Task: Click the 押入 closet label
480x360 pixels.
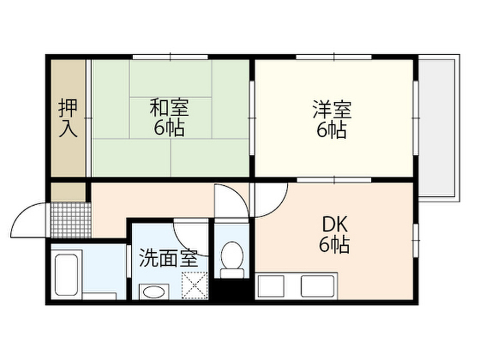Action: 67,119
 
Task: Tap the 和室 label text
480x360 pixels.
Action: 169,108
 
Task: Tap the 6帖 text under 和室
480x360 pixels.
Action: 169,128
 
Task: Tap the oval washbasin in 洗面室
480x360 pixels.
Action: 153,292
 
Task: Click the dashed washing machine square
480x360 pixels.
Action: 194,285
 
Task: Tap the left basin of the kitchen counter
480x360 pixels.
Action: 271,285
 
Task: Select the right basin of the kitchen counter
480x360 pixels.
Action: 317,285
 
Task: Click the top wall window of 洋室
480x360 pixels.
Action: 334,57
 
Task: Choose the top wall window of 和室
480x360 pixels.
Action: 170,57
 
